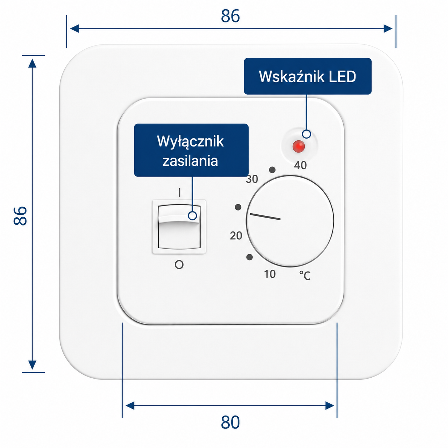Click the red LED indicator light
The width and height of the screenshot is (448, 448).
(299, 146)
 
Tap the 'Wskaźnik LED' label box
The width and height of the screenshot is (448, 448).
(308, 76)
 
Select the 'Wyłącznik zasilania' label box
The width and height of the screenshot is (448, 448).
(191, 150)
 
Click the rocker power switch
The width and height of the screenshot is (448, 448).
(179, 227)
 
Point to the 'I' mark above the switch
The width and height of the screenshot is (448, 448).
(179, 193)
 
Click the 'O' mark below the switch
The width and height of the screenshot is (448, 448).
(179, 265)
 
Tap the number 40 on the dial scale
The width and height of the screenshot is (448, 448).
(300, 165)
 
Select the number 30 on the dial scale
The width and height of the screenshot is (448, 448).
(252, 179)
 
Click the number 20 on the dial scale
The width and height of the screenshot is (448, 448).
(236, 236)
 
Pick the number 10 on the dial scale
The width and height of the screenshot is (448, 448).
(270, 274)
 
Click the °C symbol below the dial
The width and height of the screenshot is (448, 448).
(305, 276)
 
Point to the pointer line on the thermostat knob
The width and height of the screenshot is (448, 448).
(265, 216)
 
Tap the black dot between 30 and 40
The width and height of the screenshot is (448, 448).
(272, 170)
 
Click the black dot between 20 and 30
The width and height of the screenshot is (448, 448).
(238, 207)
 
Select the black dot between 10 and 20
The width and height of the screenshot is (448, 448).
(249, 257)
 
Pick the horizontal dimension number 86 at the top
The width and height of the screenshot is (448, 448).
(230, 16)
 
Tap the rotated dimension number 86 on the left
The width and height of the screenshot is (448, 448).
(20, 216)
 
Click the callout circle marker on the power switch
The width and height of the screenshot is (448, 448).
(192, 216)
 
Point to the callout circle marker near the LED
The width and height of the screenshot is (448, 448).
(307, 134)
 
